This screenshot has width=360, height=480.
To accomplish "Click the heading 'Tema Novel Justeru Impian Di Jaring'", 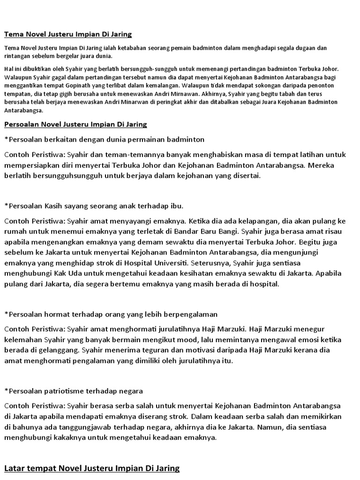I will (x=68, y=34).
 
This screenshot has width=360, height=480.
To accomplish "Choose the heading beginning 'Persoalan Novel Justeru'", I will (x=75, y=124).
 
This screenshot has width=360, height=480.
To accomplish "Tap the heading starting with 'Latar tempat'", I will (x=92, y=468).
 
